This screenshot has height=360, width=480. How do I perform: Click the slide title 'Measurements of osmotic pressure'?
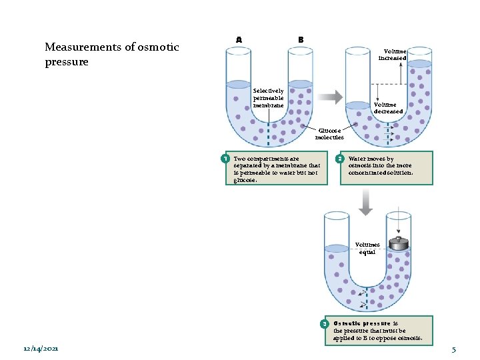pyautogui.click(x=111, y=54)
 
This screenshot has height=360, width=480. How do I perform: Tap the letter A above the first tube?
pyautogui.click(x=239, y=39)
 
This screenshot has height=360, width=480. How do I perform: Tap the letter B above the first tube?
pyautogui.click(x=301, y=39)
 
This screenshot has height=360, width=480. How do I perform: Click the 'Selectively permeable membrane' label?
pyautogui.click(x=269, y=98)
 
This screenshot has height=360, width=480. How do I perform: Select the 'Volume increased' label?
pyautogui.click(x=392, y=54)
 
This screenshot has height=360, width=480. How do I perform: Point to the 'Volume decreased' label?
pyautogui.click(x=388, y=108)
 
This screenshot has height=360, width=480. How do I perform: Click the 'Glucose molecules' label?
pyautogui.click(x=329, y=134)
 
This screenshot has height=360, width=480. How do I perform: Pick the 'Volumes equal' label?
pyautogui.click(x=367, y=249)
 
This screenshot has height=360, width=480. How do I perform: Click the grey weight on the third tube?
pyautogui.click(x=399, y=243)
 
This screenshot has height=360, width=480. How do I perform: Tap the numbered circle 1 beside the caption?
pyautogui.click(x=226, y=159)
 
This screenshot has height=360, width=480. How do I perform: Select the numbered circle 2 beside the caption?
pyautogui.click(x=339, y=159)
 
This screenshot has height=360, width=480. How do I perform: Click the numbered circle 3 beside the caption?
pyautogui.click(x=325, y=324)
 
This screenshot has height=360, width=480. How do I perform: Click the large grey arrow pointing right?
pyautogui.click(x=329, y=97)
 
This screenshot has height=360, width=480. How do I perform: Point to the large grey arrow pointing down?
pyautogui.click(x=365, y=202)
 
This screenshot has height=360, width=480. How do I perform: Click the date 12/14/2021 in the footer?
pyautogui.click(x=40, y=349)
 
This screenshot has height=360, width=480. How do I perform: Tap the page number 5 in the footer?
pyautogui.click(x=453, y=349)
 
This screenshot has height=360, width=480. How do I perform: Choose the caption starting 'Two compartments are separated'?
pyautogui.click(x=277, y=169)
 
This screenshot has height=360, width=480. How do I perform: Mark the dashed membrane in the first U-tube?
pyautogui.click(x=269, y=133)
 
